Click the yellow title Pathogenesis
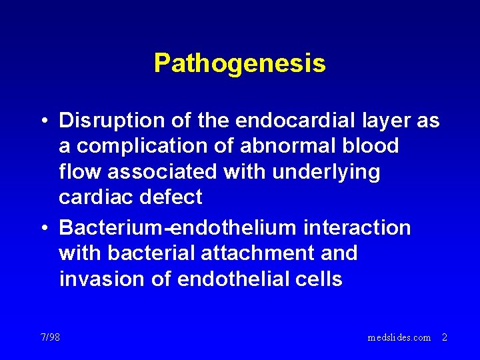[239, 63]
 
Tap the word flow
[80, 172]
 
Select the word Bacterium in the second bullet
[112, 228]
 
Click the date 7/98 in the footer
[49, 337]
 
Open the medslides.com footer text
[399, 337]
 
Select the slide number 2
[445, 337]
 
